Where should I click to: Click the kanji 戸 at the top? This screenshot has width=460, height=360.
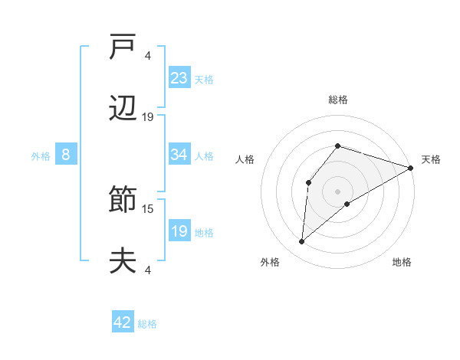click(x=123, y=47)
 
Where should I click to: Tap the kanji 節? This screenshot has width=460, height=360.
click(x=123, y=201)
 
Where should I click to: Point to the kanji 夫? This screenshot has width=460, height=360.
click(x=123, y=260)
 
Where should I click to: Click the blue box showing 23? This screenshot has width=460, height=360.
click(x=179, y=77)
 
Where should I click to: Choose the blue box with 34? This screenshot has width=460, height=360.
click(x=179, y=155)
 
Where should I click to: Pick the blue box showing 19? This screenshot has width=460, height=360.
click(x=179, y=231)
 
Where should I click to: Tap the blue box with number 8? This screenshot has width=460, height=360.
click(x=66, y=155)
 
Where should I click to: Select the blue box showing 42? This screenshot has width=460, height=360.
click(x=123, y=322)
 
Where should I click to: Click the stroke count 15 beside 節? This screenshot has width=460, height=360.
click(x=148, y=208)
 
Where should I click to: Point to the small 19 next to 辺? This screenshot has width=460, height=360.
click(x=148, y=116)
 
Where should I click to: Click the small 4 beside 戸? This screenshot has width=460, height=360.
click(x=147, y=56)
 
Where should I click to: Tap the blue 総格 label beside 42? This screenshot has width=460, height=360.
click(x=147, y=324)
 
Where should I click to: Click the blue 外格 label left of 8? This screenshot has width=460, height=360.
click(x=41, y=156)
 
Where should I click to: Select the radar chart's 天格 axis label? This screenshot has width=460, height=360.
click(x=431, y=159)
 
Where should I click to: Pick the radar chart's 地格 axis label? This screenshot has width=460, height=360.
click(x=402, y=262)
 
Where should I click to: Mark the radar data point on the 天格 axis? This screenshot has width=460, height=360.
click(x=411, y=168)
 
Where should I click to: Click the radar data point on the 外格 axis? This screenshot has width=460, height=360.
click(x=302, y=242)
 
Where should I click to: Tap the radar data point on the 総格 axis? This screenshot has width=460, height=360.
click(x=337, y=146)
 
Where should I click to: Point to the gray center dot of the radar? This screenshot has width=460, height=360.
click(x=337, y=191)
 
